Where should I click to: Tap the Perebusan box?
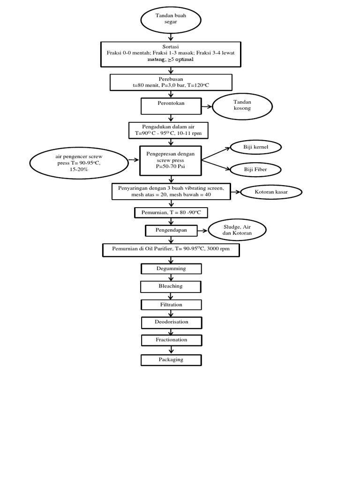(x=171, y=82)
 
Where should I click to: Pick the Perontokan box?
(x=171, y=106)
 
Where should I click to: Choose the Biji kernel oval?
(x=255, y=148)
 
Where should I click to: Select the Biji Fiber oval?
(x=255, y=169)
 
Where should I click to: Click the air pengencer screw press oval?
(x=78, y=163)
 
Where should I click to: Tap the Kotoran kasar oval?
(x=271, y=192)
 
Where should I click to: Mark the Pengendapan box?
(x=171, y=231)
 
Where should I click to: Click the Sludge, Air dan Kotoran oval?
(x=238, y=230)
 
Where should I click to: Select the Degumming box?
(x=171, y=269)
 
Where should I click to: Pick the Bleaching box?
(x=171, y=286)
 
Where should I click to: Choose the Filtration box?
(x=171, y=305)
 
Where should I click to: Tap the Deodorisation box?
(x=171, y=322)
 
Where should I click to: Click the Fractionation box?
(x=171, y=340)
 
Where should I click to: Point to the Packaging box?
(x=171, y=360)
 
